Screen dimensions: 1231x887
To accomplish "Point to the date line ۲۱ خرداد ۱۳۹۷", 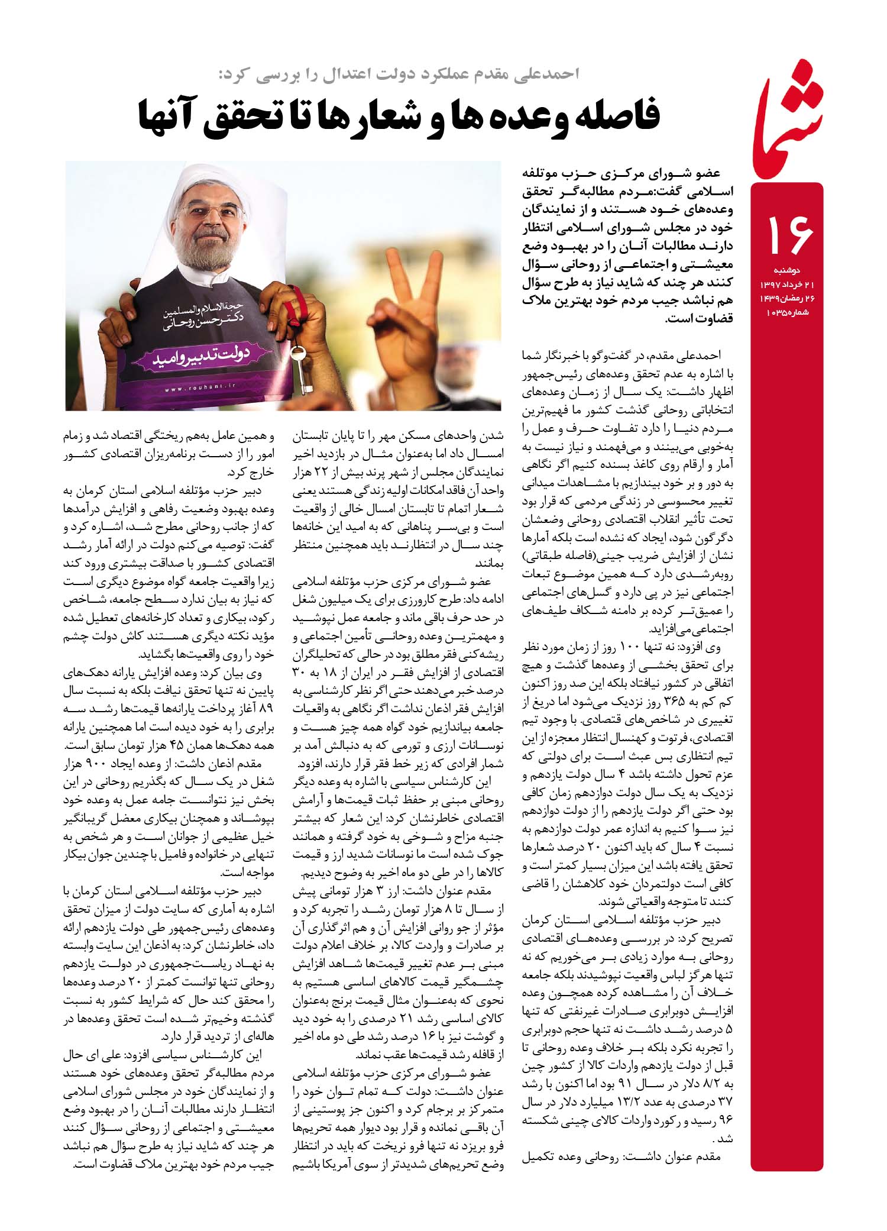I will pyautogui.click(x=786, y=285).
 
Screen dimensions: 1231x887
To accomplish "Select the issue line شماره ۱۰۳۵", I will pyautogui.click(x=786, y=312).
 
